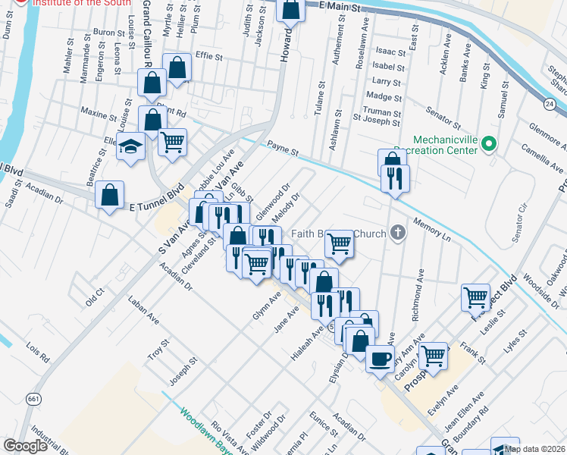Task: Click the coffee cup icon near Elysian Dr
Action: [380, 358]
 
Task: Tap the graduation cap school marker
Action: [131, 146]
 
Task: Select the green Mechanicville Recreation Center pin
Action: [489, 143]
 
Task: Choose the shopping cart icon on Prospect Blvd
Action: [475, 297]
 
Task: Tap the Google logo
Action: [25, 447]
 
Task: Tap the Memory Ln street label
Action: [432, 231]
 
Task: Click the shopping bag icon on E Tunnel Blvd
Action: [110, 195]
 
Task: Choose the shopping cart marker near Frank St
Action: [434, 354]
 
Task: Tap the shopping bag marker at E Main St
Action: [290, 10]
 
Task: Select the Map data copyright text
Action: [534, 449]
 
